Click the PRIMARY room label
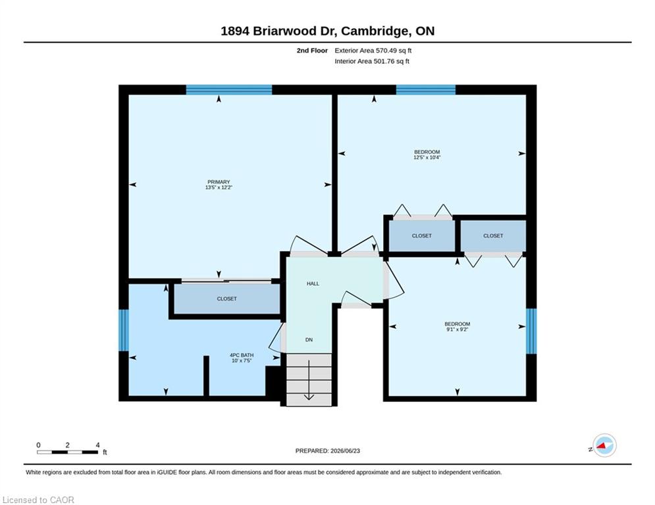tap(219, 182)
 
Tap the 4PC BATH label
tap(242, 355)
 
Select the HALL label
tap(313, 284)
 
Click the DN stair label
tap(309, 340)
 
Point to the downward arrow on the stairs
tap(309, 380)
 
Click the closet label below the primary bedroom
tap(227, 299)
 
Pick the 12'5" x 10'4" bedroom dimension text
tap(427, 157)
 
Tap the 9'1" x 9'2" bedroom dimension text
tap(458, 329)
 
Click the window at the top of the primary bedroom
tap(229, 89)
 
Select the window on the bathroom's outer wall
tap(124, 330)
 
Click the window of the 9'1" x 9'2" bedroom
tap(531, 331)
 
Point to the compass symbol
tap(604, 445)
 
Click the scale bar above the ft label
tap(67, 452)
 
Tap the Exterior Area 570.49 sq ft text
tap(373, 51)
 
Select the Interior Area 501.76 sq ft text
tap(372, 61)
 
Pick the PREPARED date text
tap(328, 450)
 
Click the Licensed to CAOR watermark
tap(38, 500)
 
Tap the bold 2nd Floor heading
tap(312, 51)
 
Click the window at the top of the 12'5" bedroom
tap(426, 89)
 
